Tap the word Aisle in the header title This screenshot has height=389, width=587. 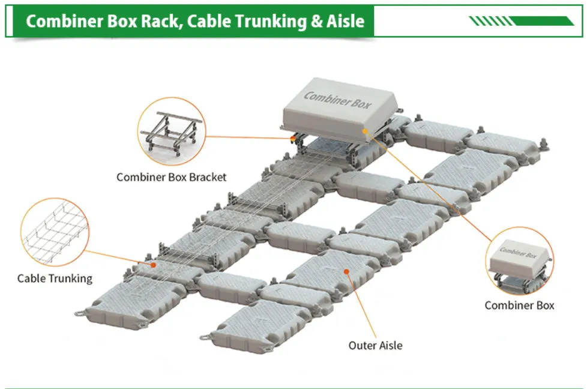pyautogui.click(x=345, y=21)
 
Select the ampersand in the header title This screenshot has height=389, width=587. pyautogui.click(x=316, y=22)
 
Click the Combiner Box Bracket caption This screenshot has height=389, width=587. pyautogui.click(x=172, y=176)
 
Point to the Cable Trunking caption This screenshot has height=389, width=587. pyautogui.click(x=55, y=278)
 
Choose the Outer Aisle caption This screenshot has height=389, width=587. pyautogui.click(x=375, y=345)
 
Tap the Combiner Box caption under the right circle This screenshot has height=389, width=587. pyautogui.click(x=519, y=305)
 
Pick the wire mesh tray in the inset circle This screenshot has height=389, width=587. pyautogui.click(x=55, y=232)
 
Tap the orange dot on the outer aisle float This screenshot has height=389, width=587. pyautogui.click(x=347, y=271)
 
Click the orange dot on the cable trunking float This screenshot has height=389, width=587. pyautogui.click(x=153, y=265)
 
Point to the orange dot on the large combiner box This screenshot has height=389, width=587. pyautogui.click(x=365, y=131)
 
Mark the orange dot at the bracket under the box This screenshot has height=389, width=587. pyautogui.click(x=293, y=138)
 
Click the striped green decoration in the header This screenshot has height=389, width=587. pyautogui.click(x=522, y=21)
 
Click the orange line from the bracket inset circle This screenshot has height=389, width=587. pyautogui.click(x=248, y=137)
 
